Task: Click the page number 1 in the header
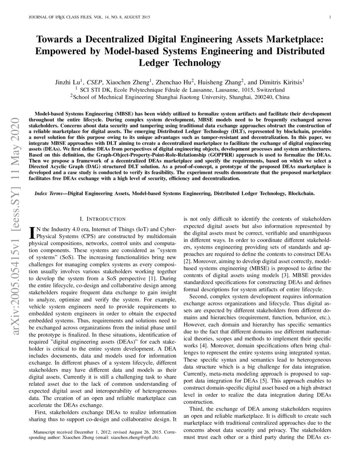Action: [x=329, y=17]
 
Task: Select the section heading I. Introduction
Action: [x=102, y=219]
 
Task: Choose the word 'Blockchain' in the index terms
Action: [x=301, y=193]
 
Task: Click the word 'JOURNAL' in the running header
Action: [x=36, y=17]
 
